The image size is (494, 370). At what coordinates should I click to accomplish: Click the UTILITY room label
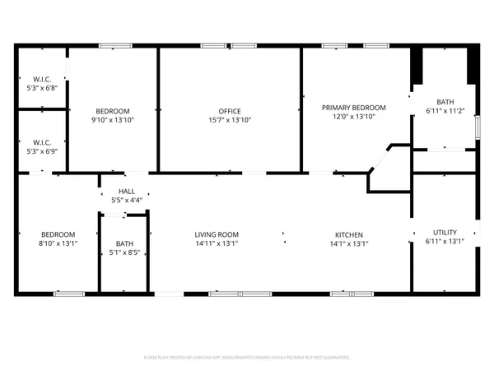tap(445, 232)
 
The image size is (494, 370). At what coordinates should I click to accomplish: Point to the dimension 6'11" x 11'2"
tap(445, 110)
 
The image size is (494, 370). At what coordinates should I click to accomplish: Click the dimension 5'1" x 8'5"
tap(124, 253)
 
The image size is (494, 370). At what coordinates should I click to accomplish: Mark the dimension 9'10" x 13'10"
tap(112, 120)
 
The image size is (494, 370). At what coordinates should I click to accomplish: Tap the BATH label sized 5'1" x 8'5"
tap(124, 243)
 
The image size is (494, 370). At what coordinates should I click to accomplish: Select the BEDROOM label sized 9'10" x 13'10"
tap(112, 111)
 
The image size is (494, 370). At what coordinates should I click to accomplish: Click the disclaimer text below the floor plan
tap(247, 358)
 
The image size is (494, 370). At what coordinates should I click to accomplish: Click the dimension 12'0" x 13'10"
tap(354, 118)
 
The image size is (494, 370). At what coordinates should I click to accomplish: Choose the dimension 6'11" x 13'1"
tap(445, 241)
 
